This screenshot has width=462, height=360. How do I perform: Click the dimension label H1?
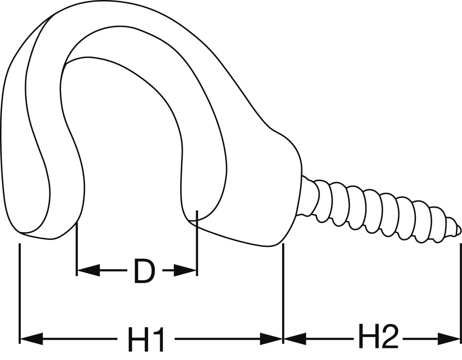coord(146,339)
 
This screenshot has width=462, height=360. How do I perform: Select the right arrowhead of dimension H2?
coord(449,339)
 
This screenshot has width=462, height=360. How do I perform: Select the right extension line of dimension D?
coord(197,245)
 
